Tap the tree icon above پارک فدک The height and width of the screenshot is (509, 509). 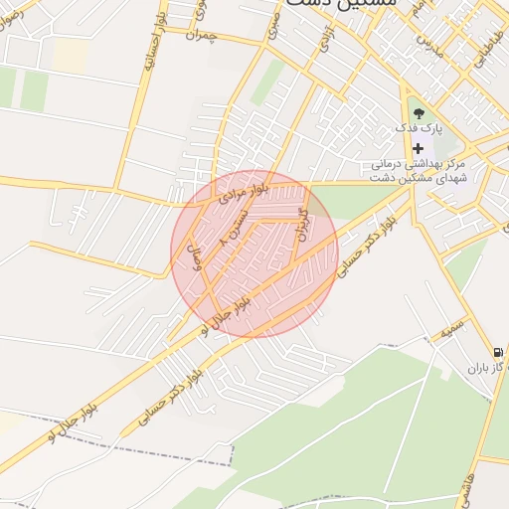418,111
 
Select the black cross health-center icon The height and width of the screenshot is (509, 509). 418,147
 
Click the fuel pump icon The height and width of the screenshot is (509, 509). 496,352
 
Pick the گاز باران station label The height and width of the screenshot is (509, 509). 488,368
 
